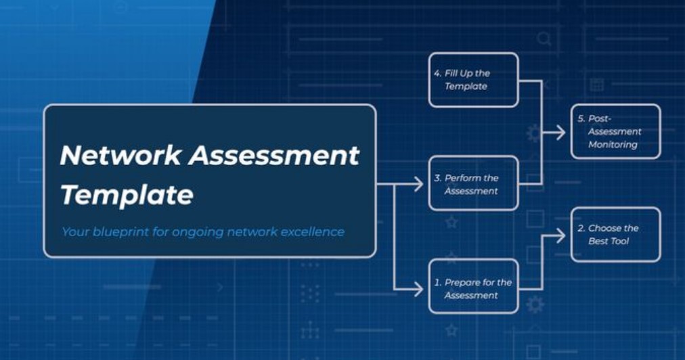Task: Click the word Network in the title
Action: point(120,155)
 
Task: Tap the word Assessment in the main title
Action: point(274,155)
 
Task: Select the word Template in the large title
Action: point(127,195)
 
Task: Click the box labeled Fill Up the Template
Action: point(474,80)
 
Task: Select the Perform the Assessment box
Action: point(474,183)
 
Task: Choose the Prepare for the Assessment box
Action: point(474,287)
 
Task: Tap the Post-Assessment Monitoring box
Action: point(615,131)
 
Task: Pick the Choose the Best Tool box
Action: point(615,235)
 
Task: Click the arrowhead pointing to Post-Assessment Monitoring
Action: point(561,133)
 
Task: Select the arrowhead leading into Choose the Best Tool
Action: point(561,236)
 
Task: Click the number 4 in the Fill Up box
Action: point(437,73)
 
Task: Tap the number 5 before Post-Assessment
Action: point(581,118)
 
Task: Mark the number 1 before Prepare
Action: point(437,283)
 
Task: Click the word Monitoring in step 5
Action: point(613,145)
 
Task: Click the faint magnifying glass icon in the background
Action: point(544,39)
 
